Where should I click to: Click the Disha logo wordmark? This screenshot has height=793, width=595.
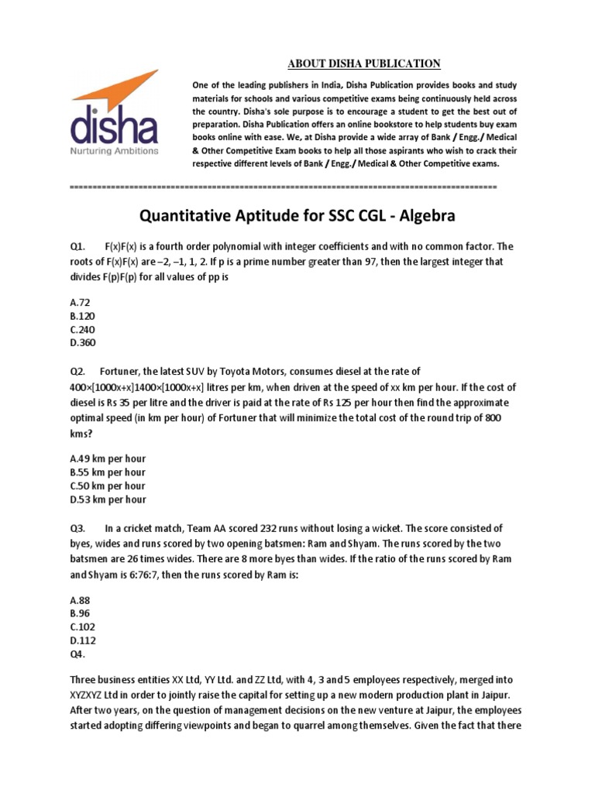(115, 127)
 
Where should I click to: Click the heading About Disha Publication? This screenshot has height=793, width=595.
(353, 64)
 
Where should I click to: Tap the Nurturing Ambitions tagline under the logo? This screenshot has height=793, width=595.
(115, 150)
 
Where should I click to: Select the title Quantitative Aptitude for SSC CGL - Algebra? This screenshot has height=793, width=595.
(297, 214)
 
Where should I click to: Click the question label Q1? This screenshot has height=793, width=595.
(77, 247)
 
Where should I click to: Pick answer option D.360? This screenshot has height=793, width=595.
(83, 344)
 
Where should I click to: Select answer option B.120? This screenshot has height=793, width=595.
(83, 317)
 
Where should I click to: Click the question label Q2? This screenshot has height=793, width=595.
(77, 372)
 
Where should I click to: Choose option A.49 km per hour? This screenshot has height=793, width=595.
(108, 458)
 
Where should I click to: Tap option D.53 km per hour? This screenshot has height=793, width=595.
(108, 499)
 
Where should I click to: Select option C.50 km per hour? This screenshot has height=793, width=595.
(108, 486)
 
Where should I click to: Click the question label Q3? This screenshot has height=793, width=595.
(77, 528)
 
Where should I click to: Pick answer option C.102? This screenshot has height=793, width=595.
(83, 627)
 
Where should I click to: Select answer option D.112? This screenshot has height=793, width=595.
(83, 640)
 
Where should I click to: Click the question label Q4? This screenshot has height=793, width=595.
(77, 654)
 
